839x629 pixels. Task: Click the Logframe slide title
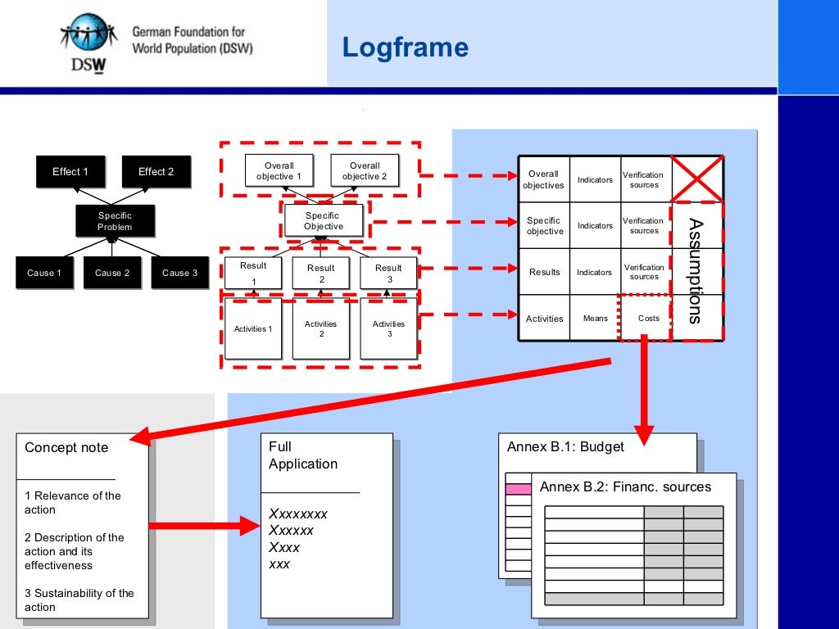coord(405,48)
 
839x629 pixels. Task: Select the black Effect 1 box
coord(70,172)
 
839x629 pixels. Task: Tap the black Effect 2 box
coord(156,172)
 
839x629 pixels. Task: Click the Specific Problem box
coord(115,221)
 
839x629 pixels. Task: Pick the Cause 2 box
coord(112,273)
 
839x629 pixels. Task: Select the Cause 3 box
coord(180,273)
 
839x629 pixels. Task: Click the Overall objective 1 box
coord(279,170)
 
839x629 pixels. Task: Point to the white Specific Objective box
coord(324,220)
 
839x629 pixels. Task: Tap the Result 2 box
coord(320,273)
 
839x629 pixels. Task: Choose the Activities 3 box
coord(388,328)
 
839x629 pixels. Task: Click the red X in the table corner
coord(696,179)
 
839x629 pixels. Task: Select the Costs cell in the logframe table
coord(648,319)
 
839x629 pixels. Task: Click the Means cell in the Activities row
coord(595,319)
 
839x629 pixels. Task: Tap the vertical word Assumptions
coord(696,270)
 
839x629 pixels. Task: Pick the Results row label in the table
coord(544,272)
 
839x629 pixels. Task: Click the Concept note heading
coord(66,447)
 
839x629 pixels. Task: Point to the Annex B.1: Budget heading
coord(565,446)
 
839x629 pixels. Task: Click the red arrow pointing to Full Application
coord(205,526)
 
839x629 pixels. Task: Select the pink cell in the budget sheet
coord(519,489)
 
